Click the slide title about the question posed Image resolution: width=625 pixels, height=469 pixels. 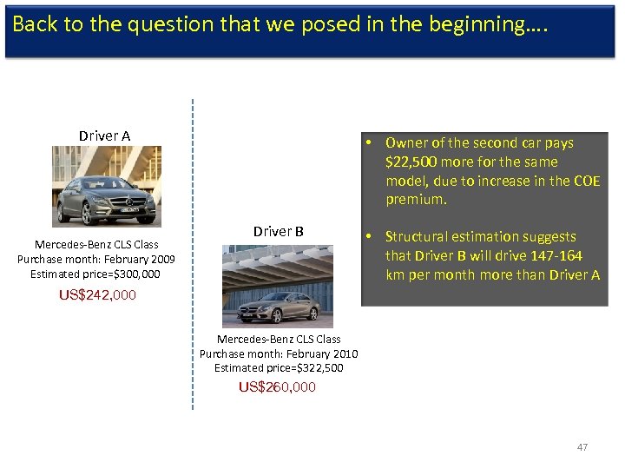tap(280, 24)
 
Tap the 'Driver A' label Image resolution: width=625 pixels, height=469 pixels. tap(104, 135)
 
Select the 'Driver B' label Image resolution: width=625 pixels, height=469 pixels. tap(278, 231)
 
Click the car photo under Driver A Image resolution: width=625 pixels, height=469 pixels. tap(105, 186)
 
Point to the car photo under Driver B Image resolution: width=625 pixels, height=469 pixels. tap(278, 286)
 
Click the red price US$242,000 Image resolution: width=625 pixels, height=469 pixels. tap(97, 294)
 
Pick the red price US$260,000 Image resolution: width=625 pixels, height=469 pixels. tap(278, 386)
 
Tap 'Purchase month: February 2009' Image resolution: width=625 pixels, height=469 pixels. tap(96, 259)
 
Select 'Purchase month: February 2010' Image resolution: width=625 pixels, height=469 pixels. tap(279, 353)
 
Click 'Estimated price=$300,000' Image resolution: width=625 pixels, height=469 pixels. tap(95, 274)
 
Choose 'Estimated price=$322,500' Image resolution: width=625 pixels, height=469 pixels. tap(279, 367)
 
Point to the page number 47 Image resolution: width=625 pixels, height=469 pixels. tap(582, 447)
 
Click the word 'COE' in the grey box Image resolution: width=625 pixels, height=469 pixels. tap(585, 181)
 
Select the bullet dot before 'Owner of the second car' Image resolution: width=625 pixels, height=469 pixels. tap(369, 142)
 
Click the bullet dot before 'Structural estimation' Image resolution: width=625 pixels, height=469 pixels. tap(369, 236)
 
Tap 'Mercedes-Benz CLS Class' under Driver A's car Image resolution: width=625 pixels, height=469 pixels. tap(96, 245)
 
